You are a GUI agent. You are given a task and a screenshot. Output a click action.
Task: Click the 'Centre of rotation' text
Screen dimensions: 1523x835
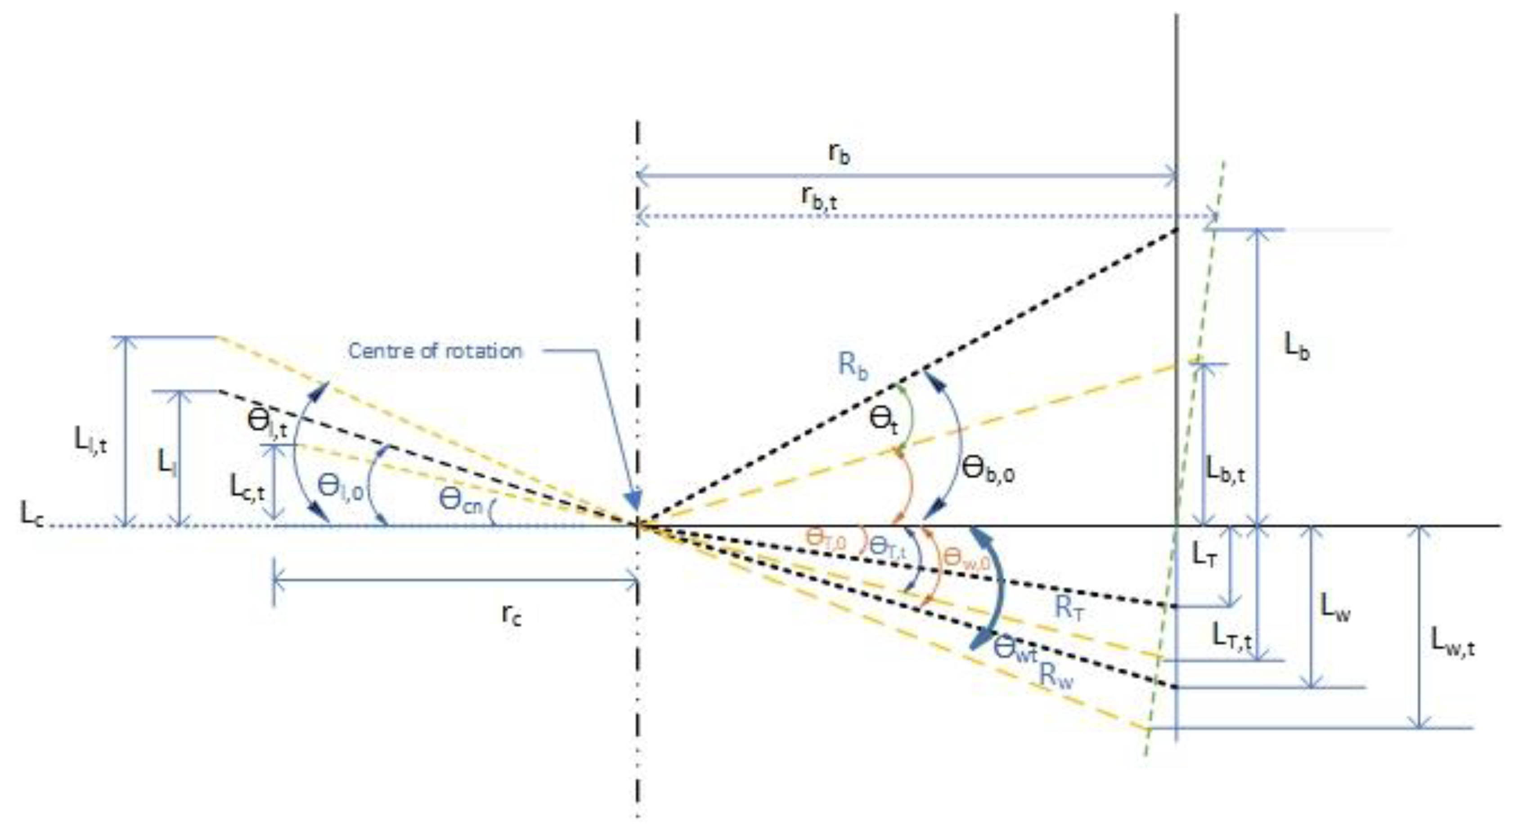[x=435, y=351]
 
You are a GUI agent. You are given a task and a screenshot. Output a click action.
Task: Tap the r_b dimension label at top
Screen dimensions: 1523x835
[x=840, y=154]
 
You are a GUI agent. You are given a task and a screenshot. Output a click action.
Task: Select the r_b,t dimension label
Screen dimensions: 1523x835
[x=819, y=198]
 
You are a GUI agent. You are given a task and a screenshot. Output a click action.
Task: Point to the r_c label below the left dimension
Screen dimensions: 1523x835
[x=512, y=615]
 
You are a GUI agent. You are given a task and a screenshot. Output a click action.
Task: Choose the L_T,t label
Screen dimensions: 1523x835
[x=1232, y=637]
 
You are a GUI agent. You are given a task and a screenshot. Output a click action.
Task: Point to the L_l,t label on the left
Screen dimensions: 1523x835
[x=90, y=440]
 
